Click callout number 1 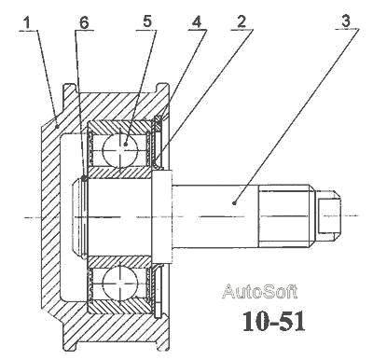point(27,23)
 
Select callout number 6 point(84,22)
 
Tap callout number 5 point(147,21)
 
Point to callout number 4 point(197,22)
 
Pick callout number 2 point(242,21)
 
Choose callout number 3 point(345,21)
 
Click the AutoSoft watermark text point(259,291)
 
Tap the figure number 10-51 point(273,322)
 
